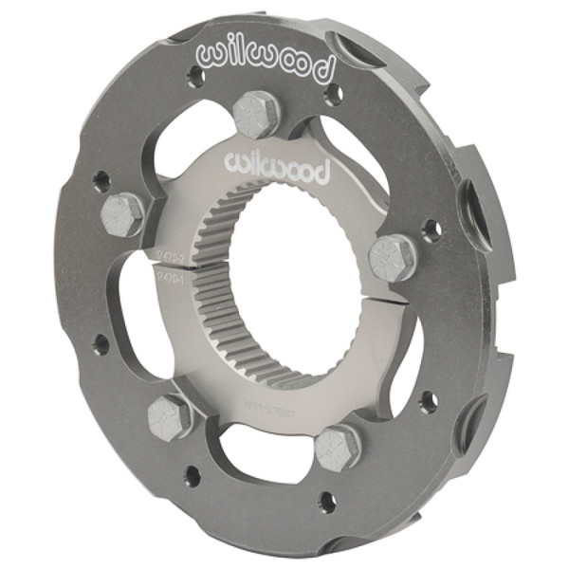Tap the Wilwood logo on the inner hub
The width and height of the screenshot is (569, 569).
276,168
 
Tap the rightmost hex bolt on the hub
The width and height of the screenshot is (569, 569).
392,257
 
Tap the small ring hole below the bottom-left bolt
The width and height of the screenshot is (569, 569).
193,472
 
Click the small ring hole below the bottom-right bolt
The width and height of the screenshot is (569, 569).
325,499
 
